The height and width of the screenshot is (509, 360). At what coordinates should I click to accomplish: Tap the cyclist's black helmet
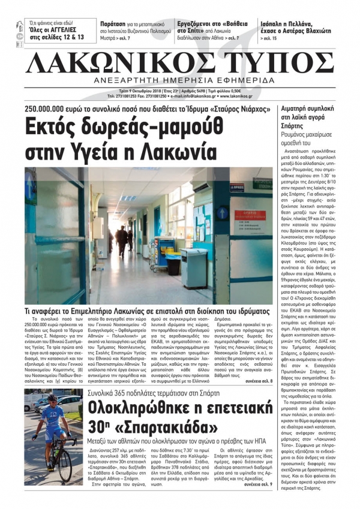[x=53, y=399]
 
